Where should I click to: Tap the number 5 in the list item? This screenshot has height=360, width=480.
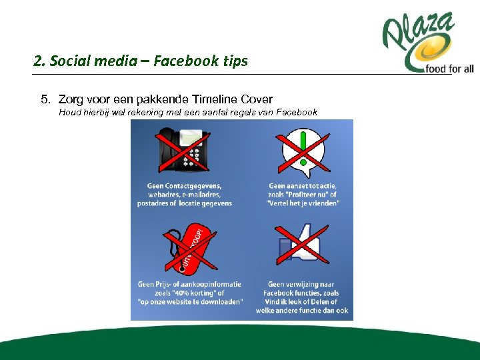[45, 100]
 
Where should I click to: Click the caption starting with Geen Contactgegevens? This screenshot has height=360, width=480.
[185, 195]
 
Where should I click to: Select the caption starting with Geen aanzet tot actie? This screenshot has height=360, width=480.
[303, 195]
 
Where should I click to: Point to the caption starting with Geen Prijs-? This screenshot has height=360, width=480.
[190, 293]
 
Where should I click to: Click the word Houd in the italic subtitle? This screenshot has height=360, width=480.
[70, 113]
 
